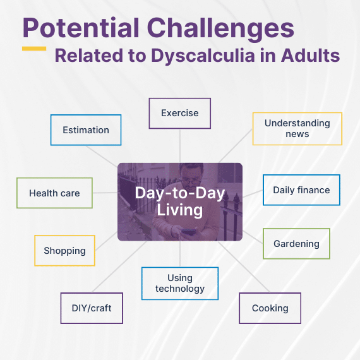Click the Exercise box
180,114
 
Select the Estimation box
86,130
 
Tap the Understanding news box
297,129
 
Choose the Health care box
54,193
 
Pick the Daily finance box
301,190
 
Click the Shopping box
65,251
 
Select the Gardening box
296,244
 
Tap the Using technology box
180,284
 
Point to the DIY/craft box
92,308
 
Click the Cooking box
270,308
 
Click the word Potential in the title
81,28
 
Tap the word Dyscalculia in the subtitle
203,56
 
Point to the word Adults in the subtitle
310,56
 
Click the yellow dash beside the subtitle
34,49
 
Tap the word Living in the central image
180,210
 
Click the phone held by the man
188,231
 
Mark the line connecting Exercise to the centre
180,146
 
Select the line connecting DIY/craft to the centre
119,267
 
